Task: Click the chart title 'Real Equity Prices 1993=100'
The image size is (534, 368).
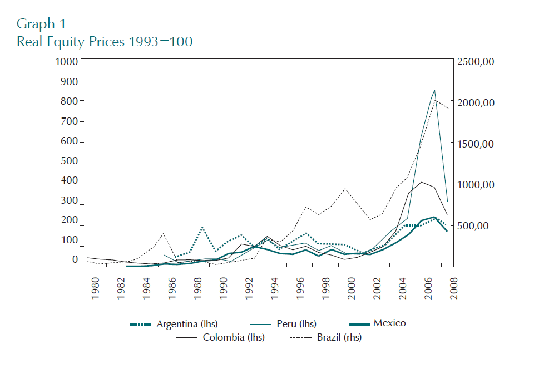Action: [x=105, y=42]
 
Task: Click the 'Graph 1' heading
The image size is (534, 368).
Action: [x=41, y=24]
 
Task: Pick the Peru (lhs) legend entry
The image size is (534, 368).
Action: [x=296, y=324]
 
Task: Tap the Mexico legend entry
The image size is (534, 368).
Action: [x=389, y=323]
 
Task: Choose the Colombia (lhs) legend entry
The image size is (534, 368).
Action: [x=234, y=337]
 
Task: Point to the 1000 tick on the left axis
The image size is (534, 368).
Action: [x=67, y=61]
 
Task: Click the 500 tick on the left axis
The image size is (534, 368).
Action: [x=70, y=163]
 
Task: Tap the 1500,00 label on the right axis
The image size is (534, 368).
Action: [x=475, y=144]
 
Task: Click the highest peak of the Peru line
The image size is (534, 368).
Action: [x=434, y=90]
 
